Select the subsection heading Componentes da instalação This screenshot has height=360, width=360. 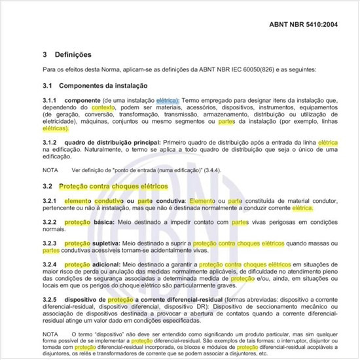click(103, 86)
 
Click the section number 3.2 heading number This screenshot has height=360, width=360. click(48, 187)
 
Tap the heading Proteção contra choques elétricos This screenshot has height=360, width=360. click(115, 187)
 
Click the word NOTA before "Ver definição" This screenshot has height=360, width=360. click(51, 170)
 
